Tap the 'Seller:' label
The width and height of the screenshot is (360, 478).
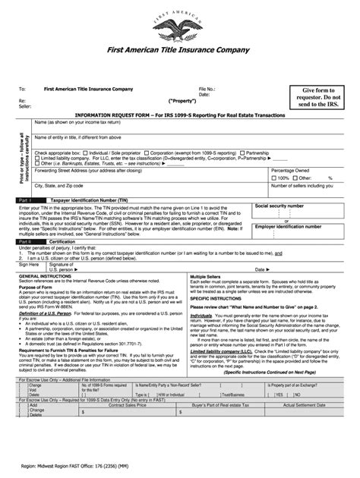27,106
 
